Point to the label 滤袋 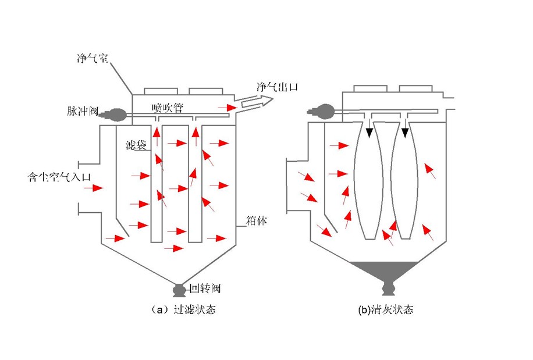click(135, 144)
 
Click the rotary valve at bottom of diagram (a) click(179, 289)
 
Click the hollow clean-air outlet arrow click(255, 103)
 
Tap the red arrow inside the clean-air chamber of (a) click(228, 108)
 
